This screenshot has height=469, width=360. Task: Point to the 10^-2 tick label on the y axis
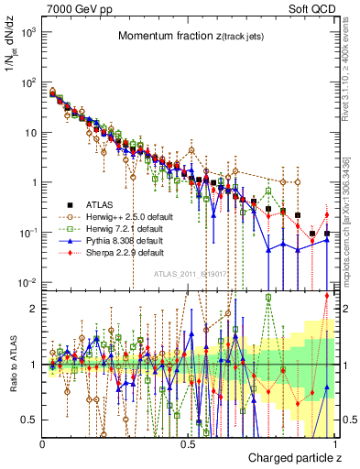pyautogui.click(x=29, y=282)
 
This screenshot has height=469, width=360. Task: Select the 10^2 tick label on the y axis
pyautogui.click(x=29, y=82)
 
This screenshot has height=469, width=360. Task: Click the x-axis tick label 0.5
pyautogui.click(x=188, y=443)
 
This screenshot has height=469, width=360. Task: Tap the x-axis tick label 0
pyautogui.click(x=43, y=443)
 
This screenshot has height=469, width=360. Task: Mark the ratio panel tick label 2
pyautogui.click(x=34, y=309)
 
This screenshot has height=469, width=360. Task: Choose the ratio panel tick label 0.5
pyautogui.click(x=29, y=420)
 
